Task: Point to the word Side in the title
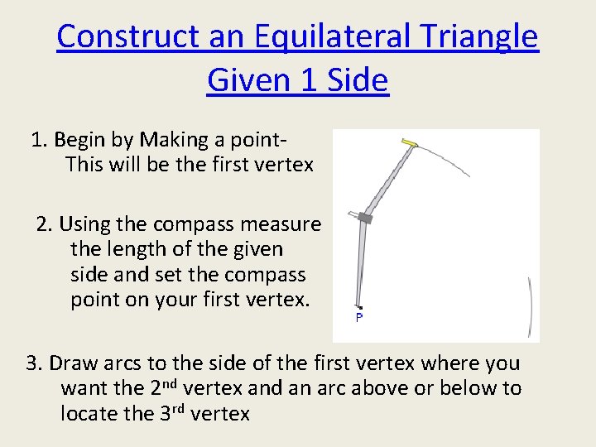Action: (356, 81)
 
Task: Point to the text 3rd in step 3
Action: (171, 412)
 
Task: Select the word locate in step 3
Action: (89, 413)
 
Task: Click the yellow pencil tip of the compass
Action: (408, 142)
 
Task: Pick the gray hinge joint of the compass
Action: (365, 219)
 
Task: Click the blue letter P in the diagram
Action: (359, 318)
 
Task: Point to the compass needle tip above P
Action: (359, 305)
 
